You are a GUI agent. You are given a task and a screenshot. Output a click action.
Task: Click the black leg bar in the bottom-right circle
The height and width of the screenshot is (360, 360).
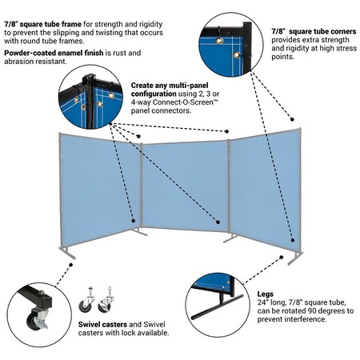point(220,306)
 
